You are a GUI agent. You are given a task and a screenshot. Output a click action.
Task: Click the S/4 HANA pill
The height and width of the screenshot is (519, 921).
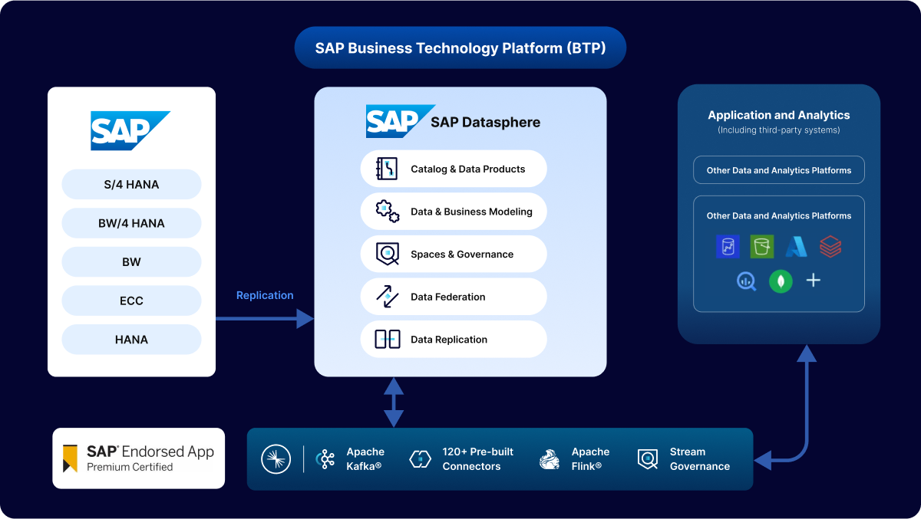click(131, 184)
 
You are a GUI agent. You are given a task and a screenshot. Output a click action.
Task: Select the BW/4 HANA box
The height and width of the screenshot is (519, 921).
click(131, 223)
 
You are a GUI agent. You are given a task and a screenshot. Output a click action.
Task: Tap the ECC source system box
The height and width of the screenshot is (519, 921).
click(131, 301)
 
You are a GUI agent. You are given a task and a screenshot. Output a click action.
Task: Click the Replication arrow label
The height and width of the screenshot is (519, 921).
click(265, 295)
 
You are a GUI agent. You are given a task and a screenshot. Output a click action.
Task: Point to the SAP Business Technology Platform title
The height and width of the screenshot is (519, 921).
click(460, 48)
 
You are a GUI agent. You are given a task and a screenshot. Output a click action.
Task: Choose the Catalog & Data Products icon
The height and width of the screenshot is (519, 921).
click(387, 169)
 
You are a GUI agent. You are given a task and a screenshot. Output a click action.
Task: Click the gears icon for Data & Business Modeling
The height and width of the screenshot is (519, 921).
click(387, 211)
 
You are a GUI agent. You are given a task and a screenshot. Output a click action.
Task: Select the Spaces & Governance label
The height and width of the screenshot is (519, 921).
click(462, 254)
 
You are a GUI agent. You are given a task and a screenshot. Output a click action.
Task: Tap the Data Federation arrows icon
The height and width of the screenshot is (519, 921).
click(387, 297)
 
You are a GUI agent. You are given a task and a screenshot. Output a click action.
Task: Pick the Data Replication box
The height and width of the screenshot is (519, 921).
click(453, 339)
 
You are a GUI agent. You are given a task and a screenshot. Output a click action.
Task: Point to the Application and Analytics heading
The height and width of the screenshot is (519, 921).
click(779, 115)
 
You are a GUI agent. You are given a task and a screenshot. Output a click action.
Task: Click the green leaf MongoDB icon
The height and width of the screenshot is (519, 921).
click(781, 281)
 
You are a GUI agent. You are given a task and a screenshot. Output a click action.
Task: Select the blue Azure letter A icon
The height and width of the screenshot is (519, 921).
click(796, 246)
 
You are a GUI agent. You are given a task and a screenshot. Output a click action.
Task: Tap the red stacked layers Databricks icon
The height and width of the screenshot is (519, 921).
click(830, 246)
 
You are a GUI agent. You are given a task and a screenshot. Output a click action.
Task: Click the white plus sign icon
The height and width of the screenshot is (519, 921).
click(814, 281)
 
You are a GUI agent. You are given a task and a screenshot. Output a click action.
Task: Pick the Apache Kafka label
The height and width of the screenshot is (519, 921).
click(365, 458)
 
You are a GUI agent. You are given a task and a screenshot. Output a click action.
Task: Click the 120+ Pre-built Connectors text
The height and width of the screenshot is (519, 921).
click(477, 458)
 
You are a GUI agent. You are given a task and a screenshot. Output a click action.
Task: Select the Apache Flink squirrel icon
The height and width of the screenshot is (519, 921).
click(550, 458)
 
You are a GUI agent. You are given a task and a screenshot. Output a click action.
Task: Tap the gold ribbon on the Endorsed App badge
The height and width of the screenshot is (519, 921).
click(71, 458)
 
